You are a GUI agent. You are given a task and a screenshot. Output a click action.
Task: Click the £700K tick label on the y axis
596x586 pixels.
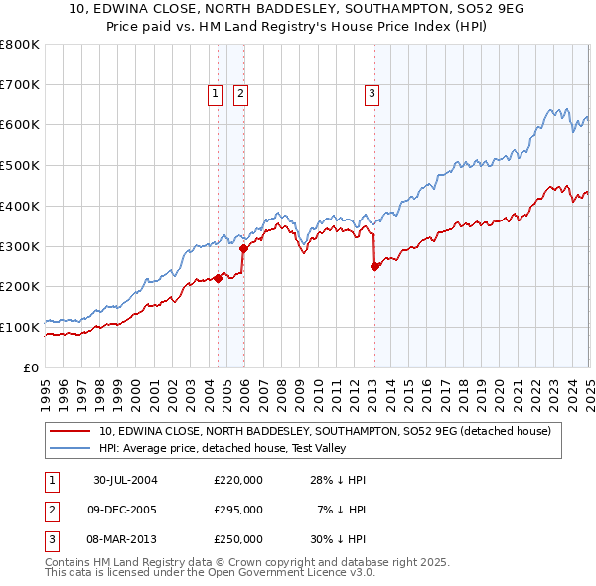[x=20, y=85]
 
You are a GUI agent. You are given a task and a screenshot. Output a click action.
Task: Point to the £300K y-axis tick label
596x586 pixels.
[x=20, y=246]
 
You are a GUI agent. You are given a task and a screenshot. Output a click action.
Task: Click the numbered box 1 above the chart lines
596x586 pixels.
[x=215, y=94]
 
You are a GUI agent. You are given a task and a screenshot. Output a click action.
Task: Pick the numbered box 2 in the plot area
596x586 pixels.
[x=240, y=94]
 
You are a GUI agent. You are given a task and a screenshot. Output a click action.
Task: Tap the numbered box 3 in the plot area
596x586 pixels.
[x=372, y=94]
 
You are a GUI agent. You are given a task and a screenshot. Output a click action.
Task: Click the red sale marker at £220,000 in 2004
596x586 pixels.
[x=219, y=279]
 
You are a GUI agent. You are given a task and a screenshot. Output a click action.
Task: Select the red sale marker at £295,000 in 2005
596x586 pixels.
[x=243, y=248]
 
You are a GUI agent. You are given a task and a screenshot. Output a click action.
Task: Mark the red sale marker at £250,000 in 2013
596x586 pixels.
[x=374, y=266]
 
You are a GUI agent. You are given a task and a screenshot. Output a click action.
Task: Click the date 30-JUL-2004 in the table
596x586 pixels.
[x=125, y=480]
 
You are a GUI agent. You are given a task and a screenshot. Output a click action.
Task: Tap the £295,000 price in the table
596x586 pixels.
[x=237, y=510]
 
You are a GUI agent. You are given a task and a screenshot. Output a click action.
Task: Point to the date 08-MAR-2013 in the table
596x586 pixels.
[x=125, y=539]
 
